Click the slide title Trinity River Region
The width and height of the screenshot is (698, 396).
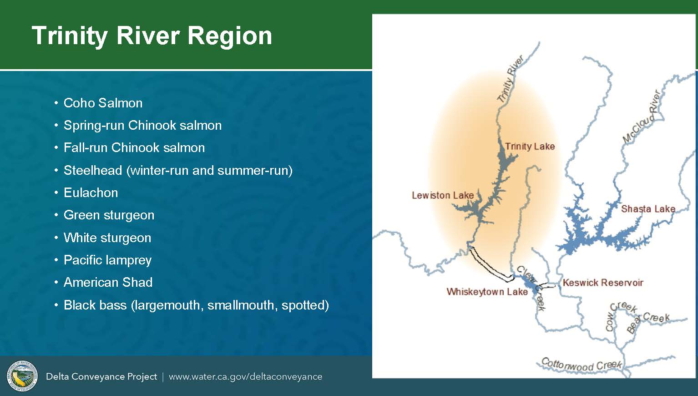click(152, 36)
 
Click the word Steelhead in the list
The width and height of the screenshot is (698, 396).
click(92, 170)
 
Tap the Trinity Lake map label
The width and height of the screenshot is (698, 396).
click(530, 146)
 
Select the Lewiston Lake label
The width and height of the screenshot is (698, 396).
click(443, 195)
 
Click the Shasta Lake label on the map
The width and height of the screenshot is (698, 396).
click(648, 208)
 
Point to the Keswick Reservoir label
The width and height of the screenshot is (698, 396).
click(603, 283)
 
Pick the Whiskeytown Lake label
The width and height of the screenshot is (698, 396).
click(487, 292)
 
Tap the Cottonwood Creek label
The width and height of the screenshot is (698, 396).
click(582, 365)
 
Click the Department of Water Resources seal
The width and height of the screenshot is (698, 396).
click(22, 376)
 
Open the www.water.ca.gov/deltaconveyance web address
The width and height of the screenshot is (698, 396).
click(246, 377)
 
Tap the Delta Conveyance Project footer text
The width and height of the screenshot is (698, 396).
click(101, 377)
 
